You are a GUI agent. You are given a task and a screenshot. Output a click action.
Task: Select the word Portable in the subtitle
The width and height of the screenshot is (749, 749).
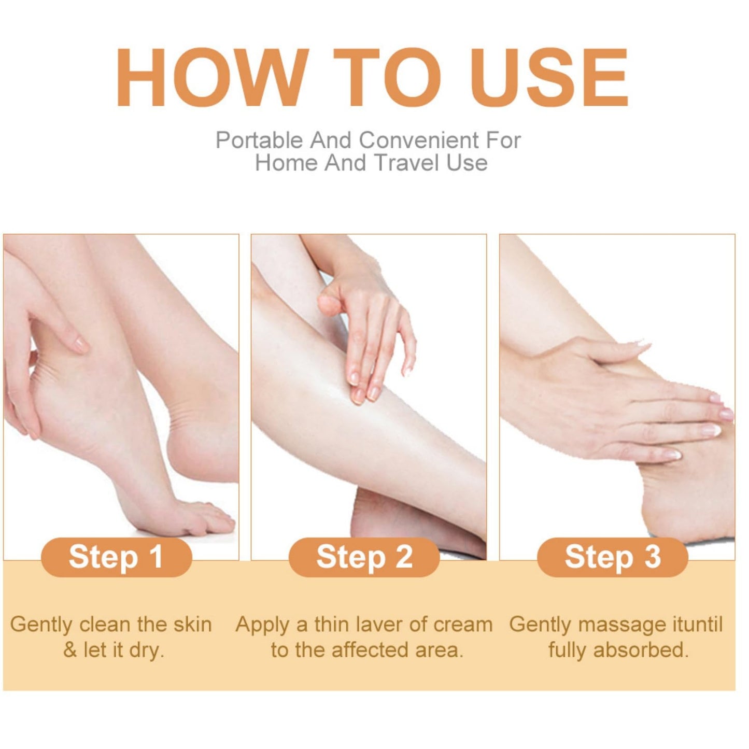pyautogui.click(x=259, y=140)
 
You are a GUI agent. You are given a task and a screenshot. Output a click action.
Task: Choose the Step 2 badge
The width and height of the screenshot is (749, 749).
pyautogui.click(x=364, y=557)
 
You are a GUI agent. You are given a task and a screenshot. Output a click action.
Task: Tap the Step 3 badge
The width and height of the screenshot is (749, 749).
pyautogui.click(x=613, y=557)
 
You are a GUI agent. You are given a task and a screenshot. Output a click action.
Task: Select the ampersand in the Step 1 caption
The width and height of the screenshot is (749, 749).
pyautogui.click(x=70, y=651)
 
